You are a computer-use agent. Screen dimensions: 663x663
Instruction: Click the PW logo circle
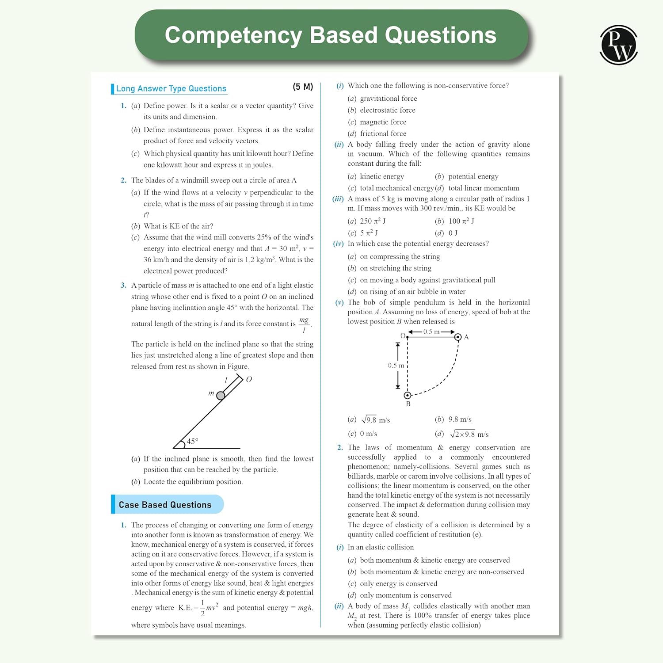click(618, 45)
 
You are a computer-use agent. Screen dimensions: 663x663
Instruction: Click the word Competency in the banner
click(233, 35)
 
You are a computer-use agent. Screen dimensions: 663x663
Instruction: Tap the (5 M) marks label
click(303, 87)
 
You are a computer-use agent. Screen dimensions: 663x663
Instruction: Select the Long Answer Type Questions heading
click(171, 88)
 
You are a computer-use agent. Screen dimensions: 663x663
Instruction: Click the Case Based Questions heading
click(165, 505)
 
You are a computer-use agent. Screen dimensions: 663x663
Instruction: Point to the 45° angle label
click(192, 441)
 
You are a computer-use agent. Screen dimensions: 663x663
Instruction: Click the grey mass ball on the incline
click(221, 396)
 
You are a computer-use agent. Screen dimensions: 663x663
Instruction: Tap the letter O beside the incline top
click(249, 379)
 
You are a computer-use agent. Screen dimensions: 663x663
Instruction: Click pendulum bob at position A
click(458, 337)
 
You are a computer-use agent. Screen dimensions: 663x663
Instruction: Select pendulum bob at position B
click(408, 395)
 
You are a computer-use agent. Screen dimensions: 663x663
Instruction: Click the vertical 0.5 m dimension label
click(396, 366)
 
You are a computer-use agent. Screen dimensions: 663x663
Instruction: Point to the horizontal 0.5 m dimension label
click(431, 332)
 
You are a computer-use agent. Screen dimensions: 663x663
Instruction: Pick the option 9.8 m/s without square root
click(460, 419)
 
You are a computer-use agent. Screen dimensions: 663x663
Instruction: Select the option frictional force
click(383, 133)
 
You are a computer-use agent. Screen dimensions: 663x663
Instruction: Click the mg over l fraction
click(304, 324)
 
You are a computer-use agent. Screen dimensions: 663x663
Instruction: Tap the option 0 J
click(453, 233)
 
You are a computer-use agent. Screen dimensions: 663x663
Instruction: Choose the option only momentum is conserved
click(405, 595)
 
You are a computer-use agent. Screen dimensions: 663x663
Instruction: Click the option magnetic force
click(383, 122)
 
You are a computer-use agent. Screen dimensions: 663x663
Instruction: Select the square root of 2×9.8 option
click(469, 434)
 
